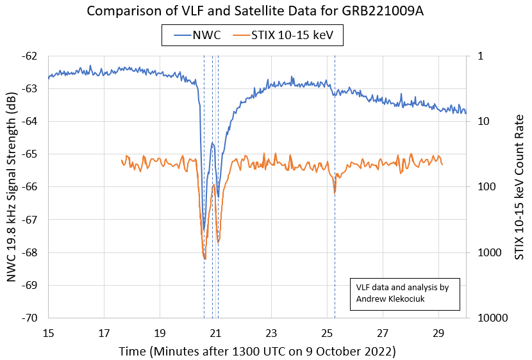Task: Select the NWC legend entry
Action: (x=198, y=36)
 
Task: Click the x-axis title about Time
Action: (x=257, y=351)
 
